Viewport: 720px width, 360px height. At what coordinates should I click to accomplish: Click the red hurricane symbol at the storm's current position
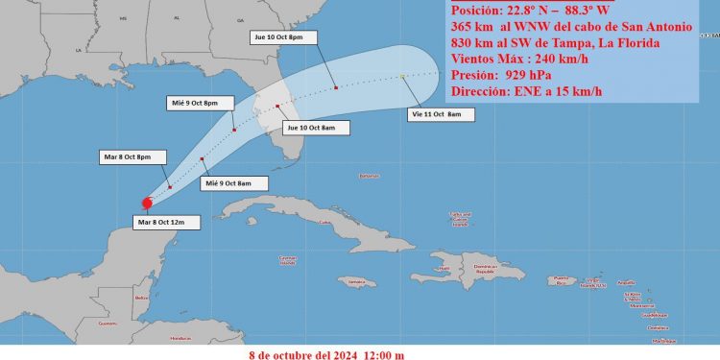(x=146, y=203)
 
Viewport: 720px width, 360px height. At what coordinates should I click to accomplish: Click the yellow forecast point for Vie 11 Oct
(x=401, y=76)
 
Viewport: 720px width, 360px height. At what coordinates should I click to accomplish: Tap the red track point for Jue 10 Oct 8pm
(x=336, y=88)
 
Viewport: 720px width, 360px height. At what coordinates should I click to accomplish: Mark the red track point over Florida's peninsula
(x=277, y=106)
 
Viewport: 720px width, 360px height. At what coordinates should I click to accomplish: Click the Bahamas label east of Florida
(x=369, y=176)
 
